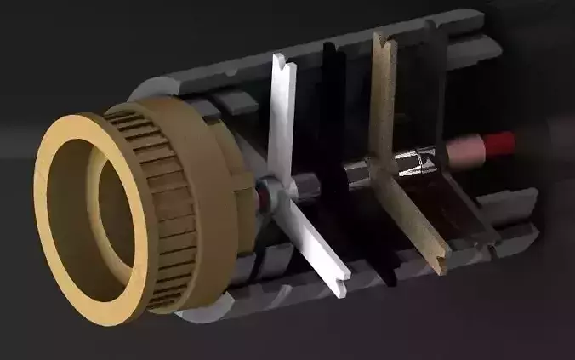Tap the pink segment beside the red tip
click(466, 150)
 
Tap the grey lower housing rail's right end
click(519, 243)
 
